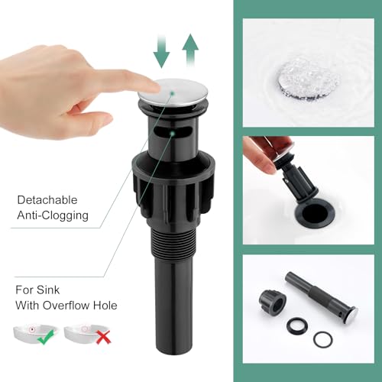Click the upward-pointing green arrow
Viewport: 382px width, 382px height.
click(190, 50)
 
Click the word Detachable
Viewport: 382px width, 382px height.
click(47, 200)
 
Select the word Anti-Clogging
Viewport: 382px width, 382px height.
click(53, 215)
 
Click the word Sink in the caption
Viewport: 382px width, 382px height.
click(48, 290)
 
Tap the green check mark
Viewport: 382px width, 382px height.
click(46, 337)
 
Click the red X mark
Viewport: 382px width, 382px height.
click(103, 337)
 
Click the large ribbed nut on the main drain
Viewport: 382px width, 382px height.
click(173, 188)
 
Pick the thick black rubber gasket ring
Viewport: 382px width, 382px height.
click(297, 327)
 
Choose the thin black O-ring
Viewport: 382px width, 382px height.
click(322, 339)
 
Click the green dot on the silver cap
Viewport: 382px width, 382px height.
click(172, 93)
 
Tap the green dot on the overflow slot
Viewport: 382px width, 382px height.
click(173, 133)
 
